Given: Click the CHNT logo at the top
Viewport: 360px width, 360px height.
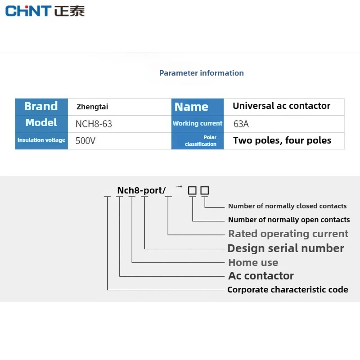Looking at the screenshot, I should [x=45, y=10].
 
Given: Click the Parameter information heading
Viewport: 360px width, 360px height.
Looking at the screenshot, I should [x=202, y=73].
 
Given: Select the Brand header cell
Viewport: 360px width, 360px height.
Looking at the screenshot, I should [x=41, y=107].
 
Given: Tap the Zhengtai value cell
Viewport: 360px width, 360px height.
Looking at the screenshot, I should [x=92, y=107].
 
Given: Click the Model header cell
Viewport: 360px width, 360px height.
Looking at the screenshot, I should [x=41, y=123].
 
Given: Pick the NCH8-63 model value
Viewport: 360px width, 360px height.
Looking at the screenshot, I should [x=94, y=124].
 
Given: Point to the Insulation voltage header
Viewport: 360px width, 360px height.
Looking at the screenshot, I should [x=41, y=140].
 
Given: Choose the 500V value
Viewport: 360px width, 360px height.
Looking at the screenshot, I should [x=85, y=141].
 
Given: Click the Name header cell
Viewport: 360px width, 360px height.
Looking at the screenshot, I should [x=191, y=107].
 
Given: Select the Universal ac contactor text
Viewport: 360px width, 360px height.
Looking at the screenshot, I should [x=281, y=106].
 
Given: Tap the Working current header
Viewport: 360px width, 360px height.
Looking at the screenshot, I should [x=198, y=123].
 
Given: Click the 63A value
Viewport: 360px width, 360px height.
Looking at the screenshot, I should [x=241, y=124].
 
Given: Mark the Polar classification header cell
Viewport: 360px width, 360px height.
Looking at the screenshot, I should [x=201, y=140].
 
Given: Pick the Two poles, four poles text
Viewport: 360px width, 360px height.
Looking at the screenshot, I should [x=282, y=140].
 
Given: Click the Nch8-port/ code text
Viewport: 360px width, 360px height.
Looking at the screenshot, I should [x=141, y=190].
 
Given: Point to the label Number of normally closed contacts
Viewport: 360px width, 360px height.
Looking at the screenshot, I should [x=287, y=206].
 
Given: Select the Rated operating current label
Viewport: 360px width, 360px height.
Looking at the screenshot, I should [x=288, y=234].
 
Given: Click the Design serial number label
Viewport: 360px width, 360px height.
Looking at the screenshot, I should [x=286, y=248].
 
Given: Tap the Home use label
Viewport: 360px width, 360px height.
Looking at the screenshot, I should [x=253, y=262].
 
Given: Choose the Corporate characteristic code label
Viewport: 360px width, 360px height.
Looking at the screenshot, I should [x=288, y=289].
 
